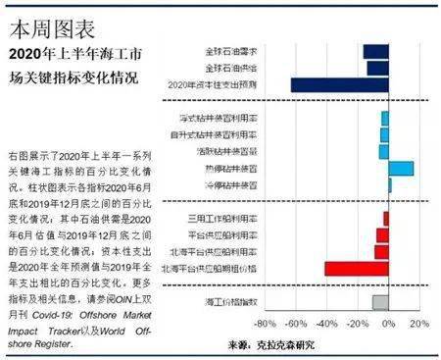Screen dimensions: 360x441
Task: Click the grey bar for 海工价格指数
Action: coord(380,301)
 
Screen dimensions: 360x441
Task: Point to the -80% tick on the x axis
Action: coord(266,324)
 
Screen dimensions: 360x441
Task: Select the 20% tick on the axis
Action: coord(418,324)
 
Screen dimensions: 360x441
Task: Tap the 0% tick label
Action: coord(388,324)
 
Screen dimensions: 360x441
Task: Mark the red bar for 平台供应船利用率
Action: coord(381,234)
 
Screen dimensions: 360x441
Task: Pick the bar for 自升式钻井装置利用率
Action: coord(384,134)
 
